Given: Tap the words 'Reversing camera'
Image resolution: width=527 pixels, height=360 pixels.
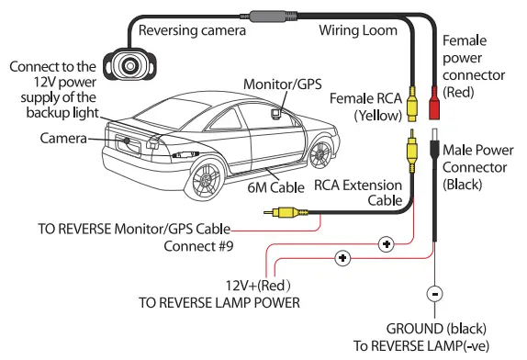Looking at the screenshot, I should (192, 30).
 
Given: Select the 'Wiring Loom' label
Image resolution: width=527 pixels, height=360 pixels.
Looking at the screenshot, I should (357, 30).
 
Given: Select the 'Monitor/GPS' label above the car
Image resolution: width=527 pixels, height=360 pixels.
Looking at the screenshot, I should (282, 84).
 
